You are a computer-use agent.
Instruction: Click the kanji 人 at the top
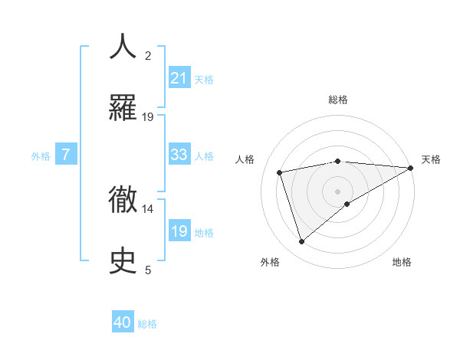123,47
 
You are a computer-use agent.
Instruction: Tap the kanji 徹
123,198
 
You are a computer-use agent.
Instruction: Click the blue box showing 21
179,77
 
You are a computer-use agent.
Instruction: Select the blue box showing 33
179,155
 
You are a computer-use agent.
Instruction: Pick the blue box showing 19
179,231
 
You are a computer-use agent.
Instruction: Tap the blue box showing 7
66,155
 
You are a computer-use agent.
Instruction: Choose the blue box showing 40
123,322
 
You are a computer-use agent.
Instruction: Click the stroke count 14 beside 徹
148,208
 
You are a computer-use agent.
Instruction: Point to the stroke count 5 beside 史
148,270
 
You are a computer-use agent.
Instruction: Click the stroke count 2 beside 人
148,55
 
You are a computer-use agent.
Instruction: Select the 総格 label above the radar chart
338,100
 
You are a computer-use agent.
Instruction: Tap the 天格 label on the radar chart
431,159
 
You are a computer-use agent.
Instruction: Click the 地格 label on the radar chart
402,262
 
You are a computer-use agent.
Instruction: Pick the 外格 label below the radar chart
270,262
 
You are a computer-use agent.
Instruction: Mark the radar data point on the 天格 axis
411,168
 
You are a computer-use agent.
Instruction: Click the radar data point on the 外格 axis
302,241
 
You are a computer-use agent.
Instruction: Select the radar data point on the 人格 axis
281,172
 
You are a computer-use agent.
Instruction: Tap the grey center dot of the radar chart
338,191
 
